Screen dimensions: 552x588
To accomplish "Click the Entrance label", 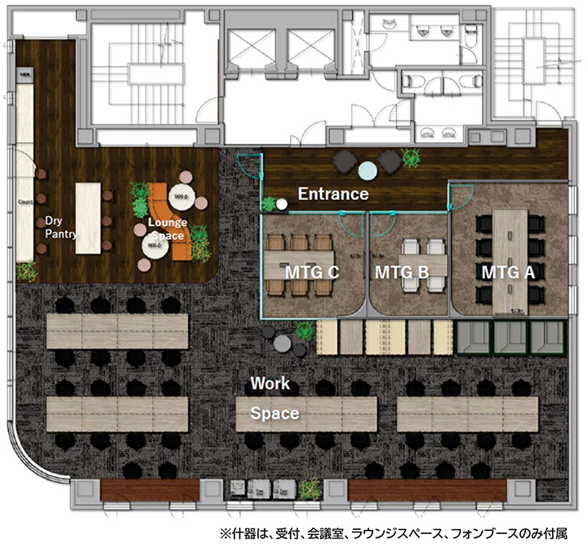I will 332,194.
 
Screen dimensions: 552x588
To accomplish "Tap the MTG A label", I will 507,272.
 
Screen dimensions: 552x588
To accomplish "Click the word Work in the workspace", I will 269,382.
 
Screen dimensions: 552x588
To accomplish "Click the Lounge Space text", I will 167,229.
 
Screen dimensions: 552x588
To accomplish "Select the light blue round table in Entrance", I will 368,170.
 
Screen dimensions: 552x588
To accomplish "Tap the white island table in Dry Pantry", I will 87,217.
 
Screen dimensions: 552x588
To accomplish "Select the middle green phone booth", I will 508,336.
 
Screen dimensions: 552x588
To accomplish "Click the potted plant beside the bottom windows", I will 310,490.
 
